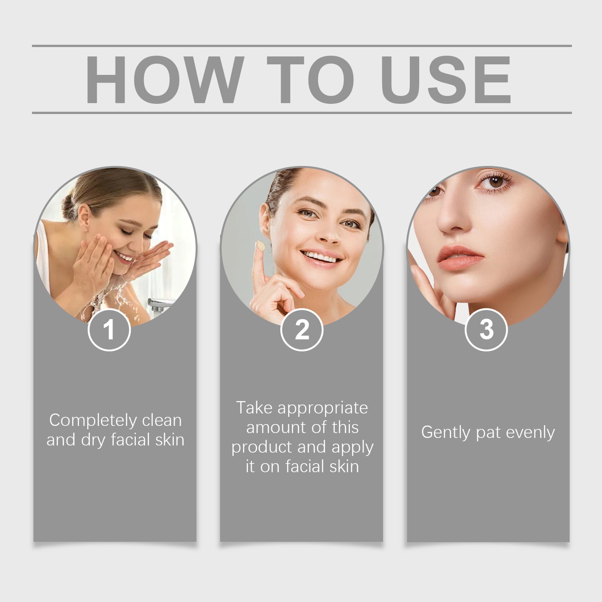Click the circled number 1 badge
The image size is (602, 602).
(x=109, y=330)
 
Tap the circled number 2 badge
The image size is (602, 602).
(x=302, y=330)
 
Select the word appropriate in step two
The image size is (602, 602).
(x=322, y=408)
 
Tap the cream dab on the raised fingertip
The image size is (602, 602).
(x=261, y=246)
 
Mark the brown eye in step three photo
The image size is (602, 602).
(x=495, y=182)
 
